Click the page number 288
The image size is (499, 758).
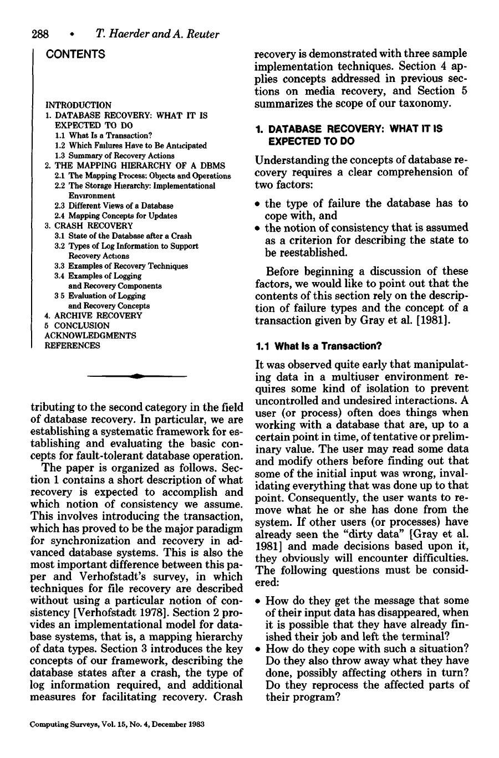pos(40,34)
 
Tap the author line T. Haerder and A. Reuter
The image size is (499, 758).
pos(157,34)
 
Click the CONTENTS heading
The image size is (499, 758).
pos(75,54)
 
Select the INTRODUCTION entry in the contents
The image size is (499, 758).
pos(78,105)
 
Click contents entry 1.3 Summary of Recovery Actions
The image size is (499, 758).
pos(114,156)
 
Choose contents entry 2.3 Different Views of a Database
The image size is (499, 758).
pos(114,206)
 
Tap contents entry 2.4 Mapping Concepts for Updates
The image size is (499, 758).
pos(116,216)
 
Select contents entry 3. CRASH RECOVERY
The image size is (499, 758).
pos(89,226)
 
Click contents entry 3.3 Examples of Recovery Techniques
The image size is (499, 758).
pos(121,266)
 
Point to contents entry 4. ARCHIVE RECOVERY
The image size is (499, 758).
pos(93,315)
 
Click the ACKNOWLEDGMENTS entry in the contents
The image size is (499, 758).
pos(90,335)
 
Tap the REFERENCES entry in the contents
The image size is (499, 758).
pos(72,345)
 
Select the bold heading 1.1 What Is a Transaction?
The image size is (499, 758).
pos(318,346)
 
